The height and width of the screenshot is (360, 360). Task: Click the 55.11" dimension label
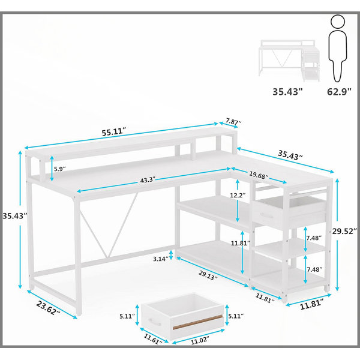point(114,133)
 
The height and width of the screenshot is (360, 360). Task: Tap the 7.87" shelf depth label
point(233,122)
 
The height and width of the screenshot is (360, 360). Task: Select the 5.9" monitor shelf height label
point(59,169)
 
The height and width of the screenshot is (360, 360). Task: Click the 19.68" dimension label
point(259,175)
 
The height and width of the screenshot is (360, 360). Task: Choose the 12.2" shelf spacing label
point(238,196)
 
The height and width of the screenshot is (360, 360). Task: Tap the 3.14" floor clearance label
point(161,259)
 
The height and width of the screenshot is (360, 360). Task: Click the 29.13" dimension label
point(208,275)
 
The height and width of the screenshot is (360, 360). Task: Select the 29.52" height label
point(345,231)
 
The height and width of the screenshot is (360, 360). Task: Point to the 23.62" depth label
point(48,308)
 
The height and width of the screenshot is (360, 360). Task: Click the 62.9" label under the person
point(339,92)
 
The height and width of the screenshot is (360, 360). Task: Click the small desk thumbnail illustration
point(289,60)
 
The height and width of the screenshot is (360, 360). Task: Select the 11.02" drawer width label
point(200,340)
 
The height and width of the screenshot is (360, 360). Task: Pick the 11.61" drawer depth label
point(153,339)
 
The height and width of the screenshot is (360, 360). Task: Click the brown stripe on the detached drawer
point(197,322)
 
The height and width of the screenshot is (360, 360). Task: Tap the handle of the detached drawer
point(155,322)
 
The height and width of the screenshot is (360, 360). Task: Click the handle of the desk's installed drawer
point(266,216)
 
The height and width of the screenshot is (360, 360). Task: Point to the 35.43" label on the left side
point(14,216)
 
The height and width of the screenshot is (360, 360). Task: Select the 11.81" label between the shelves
point(240,243)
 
